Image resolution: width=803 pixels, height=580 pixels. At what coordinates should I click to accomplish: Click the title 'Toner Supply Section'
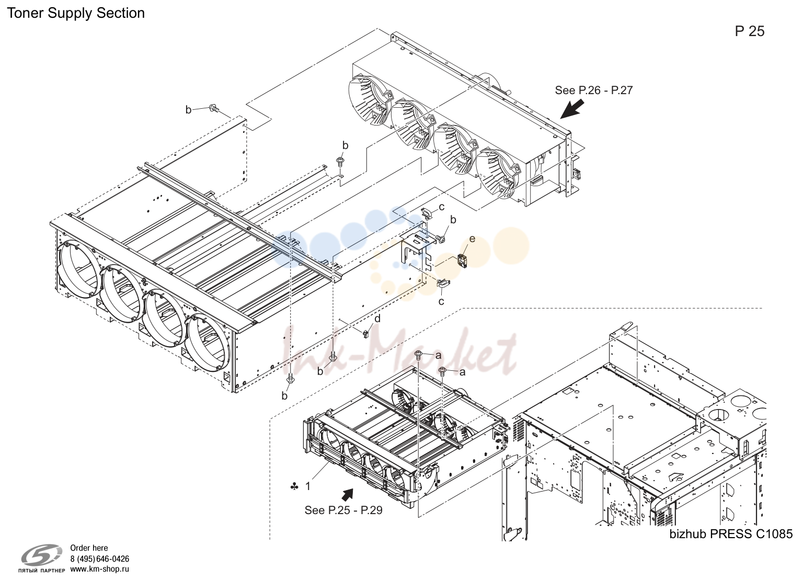coord(76,13)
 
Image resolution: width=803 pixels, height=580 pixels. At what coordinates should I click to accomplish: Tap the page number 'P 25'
coord(750,31)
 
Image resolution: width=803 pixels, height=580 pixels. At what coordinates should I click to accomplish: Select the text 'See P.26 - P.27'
coord(594,90)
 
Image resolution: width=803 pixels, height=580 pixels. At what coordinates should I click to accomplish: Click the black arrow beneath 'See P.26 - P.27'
coord(572,109)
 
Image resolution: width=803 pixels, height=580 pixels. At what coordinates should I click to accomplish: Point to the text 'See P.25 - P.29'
coord(343,510)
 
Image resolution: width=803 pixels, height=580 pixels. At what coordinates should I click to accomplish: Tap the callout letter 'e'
coord(472,239)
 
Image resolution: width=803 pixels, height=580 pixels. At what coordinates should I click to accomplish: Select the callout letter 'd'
coord(377,319)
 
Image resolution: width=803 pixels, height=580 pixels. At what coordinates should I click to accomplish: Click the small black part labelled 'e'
coord(463,260)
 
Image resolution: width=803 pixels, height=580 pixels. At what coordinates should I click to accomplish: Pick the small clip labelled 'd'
coord(365,334)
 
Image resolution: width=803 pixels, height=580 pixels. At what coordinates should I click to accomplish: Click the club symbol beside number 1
coord(294,487)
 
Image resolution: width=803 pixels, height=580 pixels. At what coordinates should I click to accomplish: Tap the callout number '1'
coord(307,487)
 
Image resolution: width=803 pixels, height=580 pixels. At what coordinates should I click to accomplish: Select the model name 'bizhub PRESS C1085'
coord(731,534)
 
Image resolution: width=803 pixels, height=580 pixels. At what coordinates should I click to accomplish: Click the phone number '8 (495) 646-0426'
coord(100,559)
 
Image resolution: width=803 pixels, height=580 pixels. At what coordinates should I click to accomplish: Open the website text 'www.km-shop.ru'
coord(100,569)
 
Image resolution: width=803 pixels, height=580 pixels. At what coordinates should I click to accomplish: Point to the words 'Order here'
coord(89,548)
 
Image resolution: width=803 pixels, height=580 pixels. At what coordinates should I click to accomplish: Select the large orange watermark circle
coord(510,246)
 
